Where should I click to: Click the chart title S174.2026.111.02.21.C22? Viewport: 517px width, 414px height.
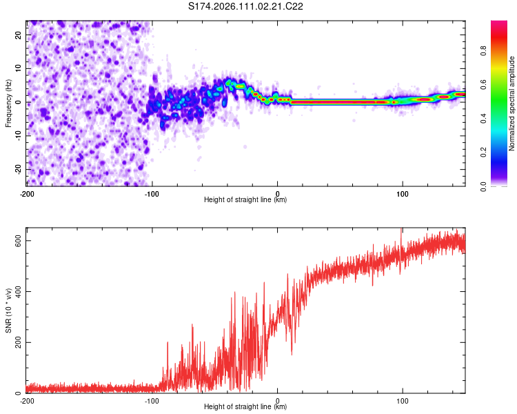246,6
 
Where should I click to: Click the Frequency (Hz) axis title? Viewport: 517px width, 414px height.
8,103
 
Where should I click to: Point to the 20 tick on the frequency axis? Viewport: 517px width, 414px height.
19,34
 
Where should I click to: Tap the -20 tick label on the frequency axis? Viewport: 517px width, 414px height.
17,169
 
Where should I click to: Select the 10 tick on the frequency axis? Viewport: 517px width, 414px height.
19,68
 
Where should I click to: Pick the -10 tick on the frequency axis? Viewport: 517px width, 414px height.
17,135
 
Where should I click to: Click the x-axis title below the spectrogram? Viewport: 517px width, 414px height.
245,200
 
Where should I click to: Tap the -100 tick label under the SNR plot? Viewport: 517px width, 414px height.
152,400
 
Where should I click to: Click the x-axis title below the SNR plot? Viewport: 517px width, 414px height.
245,407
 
